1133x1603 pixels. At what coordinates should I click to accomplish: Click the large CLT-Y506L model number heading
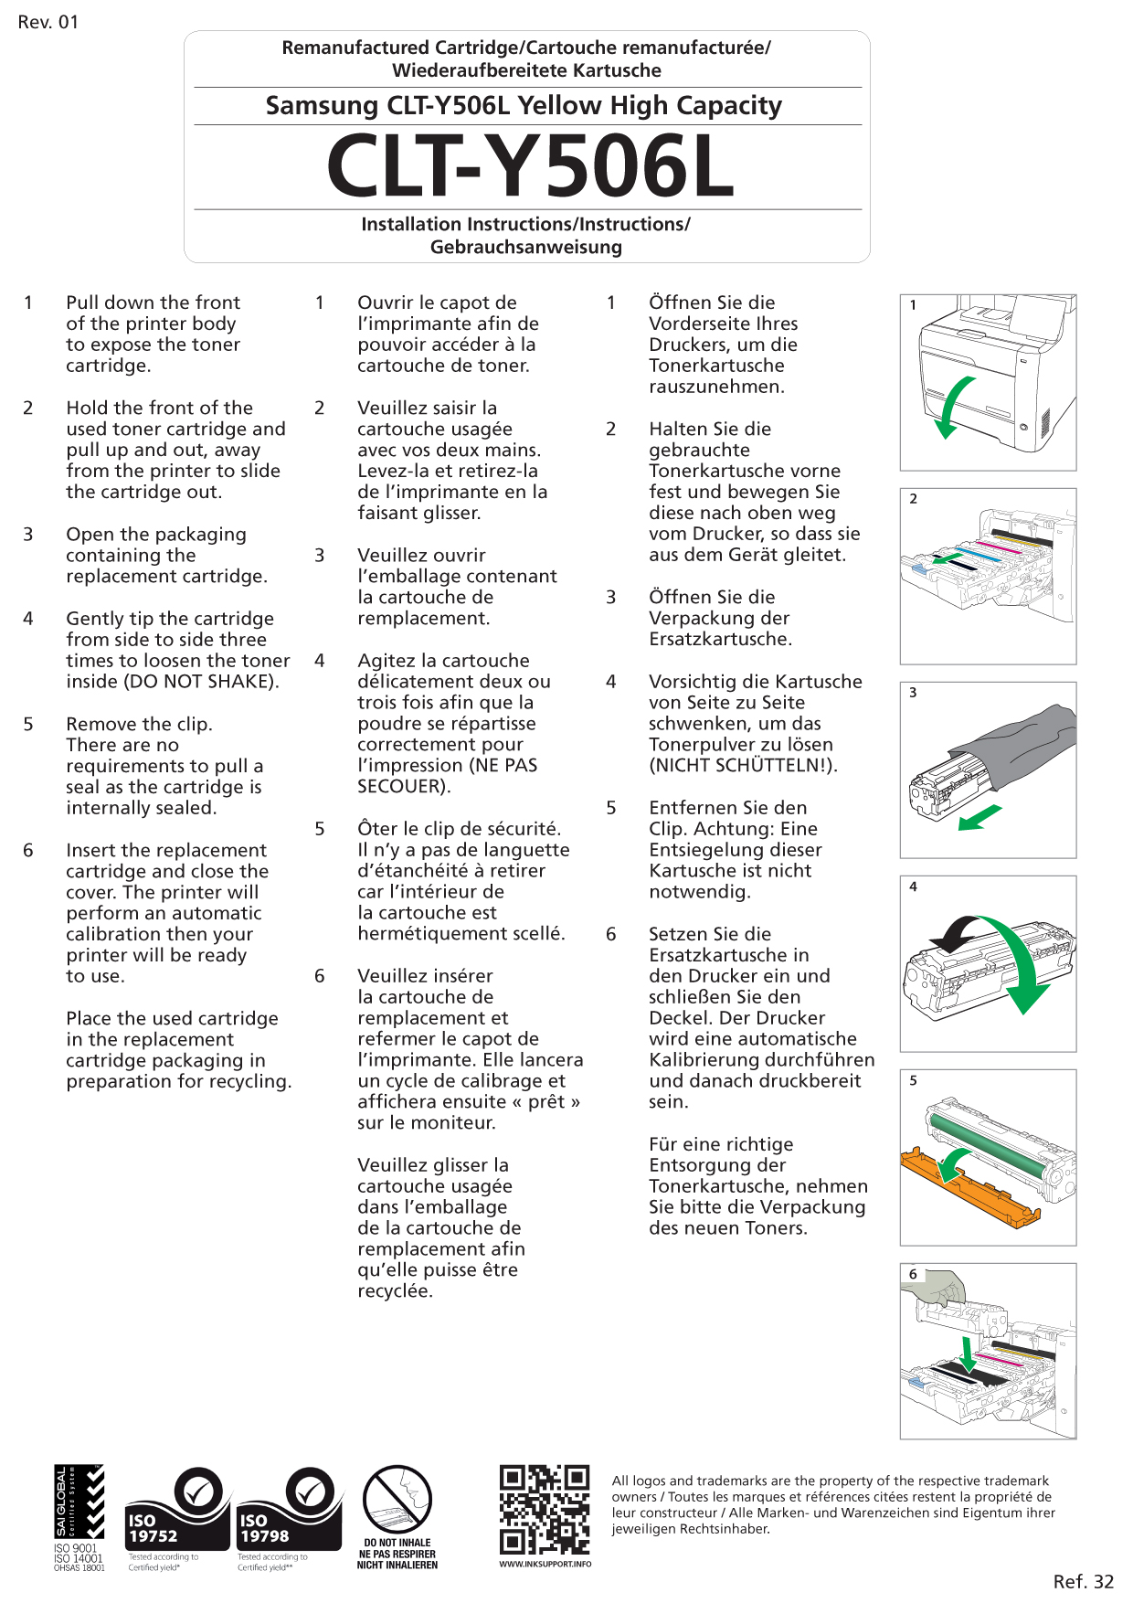point(530,166)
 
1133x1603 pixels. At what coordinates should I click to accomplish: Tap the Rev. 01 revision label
point(48,22)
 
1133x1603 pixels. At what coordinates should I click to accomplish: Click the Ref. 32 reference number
point(1083,1581)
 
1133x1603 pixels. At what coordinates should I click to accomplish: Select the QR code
point(545,1510)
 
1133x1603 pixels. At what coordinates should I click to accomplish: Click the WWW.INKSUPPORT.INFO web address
point(545,1564)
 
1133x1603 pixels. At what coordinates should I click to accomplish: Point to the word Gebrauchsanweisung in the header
point(526,247)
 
